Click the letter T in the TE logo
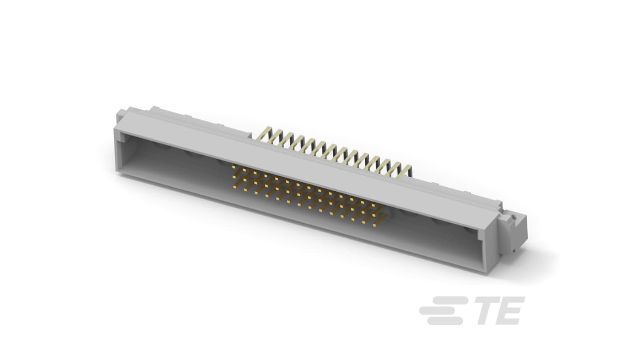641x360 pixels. point(483,310)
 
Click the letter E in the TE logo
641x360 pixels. point(509,310)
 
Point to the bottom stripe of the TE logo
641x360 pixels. point(445,321)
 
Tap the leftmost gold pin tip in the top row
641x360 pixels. point(234,166)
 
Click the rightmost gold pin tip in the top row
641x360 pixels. point(373,205)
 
